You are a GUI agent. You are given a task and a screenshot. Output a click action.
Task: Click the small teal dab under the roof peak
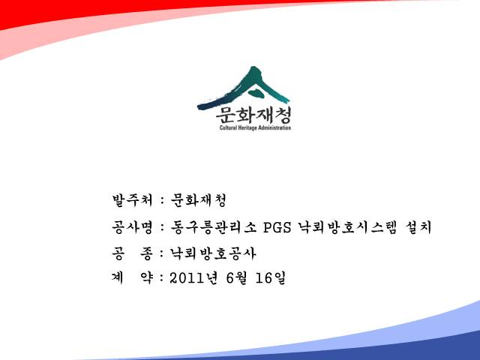pos(256,93)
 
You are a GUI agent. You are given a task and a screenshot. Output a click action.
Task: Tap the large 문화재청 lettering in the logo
pos(253,115)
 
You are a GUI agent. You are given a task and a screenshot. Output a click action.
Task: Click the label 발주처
pos(132,200)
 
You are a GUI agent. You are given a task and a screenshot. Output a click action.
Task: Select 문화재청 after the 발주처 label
pos(198,200)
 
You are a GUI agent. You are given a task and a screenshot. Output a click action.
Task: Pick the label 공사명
pos(132,227)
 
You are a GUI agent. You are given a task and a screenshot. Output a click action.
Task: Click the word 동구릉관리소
pos(213,227)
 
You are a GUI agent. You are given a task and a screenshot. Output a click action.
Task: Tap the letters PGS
pos(277,228)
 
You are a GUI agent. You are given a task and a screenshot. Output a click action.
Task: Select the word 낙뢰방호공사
pos(213,253)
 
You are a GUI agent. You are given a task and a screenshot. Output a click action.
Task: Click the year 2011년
pos(193,278)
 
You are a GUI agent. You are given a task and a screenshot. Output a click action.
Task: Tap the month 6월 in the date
pos(236,278)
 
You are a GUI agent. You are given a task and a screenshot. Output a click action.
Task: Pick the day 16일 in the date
pos(270,278)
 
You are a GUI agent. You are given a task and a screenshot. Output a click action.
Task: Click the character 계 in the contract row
pos(118,278)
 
